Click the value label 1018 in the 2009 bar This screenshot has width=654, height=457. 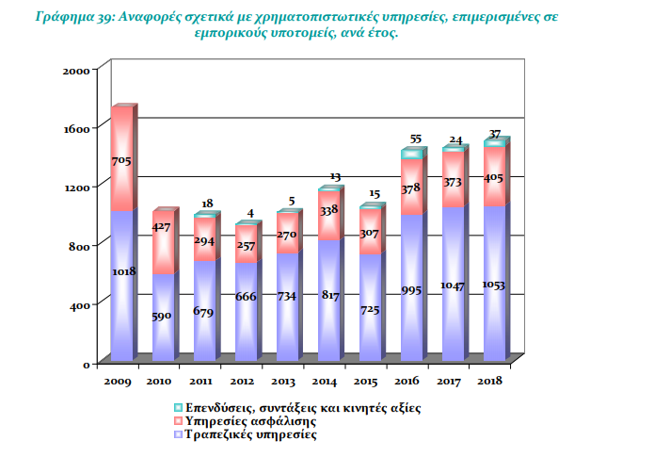coord(124,271)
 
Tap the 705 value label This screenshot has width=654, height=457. coord(122,161)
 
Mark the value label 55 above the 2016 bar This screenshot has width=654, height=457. coord(416,139)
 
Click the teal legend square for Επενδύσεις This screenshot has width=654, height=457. coord(178,407)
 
